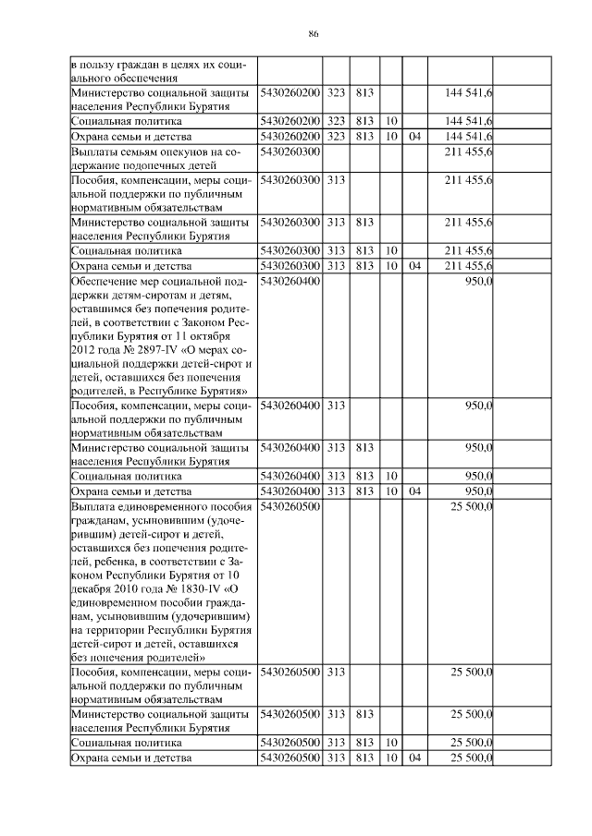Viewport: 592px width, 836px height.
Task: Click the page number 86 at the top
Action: [x=314, y=34]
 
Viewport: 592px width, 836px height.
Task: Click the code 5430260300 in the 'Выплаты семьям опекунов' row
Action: [x=290, y=151]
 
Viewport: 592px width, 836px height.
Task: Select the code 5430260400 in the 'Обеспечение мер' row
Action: [x=290, y=281]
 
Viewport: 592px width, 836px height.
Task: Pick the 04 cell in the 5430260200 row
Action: [x=414, y=136]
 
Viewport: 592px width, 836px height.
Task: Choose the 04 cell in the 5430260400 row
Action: [x=414, y=491]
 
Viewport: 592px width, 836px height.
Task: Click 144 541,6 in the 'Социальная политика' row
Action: [x=468, y=121]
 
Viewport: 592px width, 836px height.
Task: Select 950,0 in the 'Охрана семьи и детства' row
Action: [x=476, y=491]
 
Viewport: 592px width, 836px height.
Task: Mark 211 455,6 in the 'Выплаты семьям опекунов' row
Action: [x=468, y=151]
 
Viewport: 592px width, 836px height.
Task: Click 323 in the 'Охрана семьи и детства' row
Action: [x=336, y=136]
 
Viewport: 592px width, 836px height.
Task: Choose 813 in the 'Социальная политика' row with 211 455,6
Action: [x=364, y=250]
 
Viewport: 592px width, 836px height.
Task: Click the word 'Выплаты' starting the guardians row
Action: [x=95, y=151]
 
